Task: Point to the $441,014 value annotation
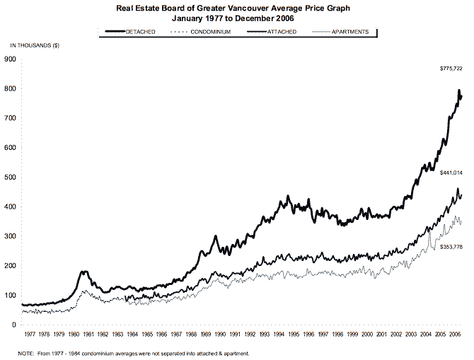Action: click(x=451, y=173)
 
